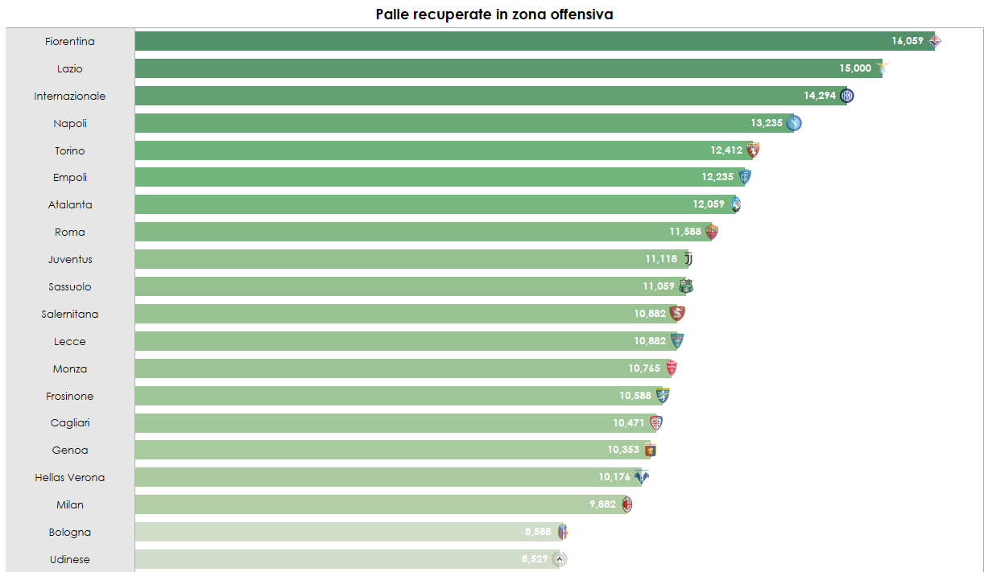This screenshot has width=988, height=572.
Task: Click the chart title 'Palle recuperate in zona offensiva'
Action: tap(494, 14)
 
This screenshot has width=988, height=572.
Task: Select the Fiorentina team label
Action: tap(70, 41)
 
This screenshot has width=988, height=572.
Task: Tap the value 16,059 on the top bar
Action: tap(907, 40)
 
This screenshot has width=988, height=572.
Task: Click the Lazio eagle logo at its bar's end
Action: tap(882, 68)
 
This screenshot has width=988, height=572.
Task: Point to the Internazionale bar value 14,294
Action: tap(820, 96)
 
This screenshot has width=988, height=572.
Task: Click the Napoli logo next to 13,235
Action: tap(794, 123)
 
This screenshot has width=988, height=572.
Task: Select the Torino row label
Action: tap(70, 150)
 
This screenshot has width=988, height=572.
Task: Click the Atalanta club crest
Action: tap(735, 205)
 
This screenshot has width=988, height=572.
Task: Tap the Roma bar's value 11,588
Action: tap(685, 233)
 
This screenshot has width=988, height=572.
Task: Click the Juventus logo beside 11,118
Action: tap(688, 259)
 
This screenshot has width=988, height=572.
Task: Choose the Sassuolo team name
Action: tap(70, 286)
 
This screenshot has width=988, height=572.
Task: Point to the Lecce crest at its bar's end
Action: tap(677, 341)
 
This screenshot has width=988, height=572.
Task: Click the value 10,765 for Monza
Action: tap(644, 368)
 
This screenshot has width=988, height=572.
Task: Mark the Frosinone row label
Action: tap(70, 396)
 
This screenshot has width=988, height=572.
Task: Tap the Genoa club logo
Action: tap(651, 451)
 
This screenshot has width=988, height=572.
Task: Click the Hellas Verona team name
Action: tap(70, 477)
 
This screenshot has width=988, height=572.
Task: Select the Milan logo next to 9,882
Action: tap(626, 504)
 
